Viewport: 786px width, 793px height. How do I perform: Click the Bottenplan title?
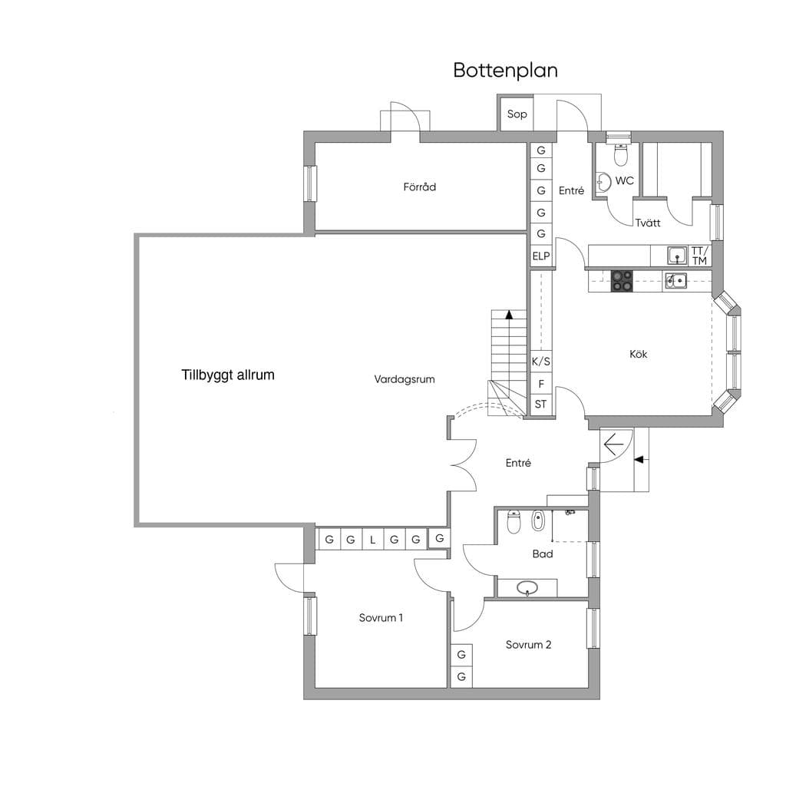click(505, 71)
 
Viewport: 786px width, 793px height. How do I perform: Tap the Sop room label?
click(517, 114)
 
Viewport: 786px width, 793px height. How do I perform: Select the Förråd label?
click(419, 187)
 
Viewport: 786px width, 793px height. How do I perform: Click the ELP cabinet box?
click(540, 256)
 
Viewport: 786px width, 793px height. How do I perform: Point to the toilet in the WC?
click(621, 154)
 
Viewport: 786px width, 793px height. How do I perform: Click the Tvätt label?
click(648, 223)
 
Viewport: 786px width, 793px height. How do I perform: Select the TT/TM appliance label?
click(699, 256)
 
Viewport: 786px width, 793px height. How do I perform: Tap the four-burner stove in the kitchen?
click(622, 281)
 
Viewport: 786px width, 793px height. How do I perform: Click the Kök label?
click(639, 354)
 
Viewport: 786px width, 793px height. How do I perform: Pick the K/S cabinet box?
click(540, 362)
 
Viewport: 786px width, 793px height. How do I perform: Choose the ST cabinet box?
click(540, 405)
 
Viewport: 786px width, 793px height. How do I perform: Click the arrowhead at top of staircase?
click(509, 315)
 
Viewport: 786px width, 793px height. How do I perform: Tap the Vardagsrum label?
click(404, 379)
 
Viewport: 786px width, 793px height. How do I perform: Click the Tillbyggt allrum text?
click(228, 375)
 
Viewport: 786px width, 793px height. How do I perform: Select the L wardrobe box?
click(373, 539)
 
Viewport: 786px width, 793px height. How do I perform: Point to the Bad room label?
click(542, 553)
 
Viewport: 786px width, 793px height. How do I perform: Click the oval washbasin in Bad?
click(527, 588)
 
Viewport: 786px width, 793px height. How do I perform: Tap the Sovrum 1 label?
click(381, 617)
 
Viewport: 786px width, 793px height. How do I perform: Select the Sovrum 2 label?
click(528, 644)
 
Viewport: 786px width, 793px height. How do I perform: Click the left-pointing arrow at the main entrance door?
click(613, 444)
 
